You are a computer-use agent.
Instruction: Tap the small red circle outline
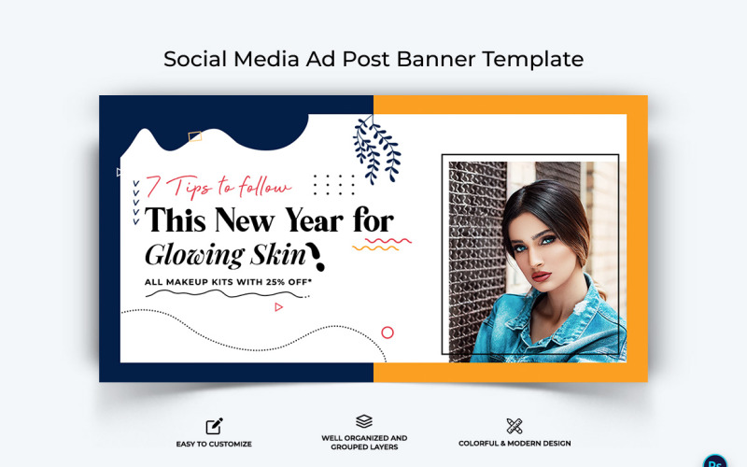tap(388, 333)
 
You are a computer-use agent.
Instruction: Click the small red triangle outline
tap(278, 306)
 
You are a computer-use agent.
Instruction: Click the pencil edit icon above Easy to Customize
tap(215, 426)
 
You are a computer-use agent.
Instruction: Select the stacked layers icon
tap(364, 422)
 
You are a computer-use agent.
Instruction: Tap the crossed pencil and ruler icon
tap(514, 426)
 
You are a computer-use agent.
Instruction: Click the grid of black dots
tap(333, 185)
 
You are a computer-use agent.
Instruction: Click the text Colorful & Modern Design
tap(514, 444)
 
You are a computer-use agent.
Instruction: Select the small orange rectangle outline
tap(195, 136)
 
